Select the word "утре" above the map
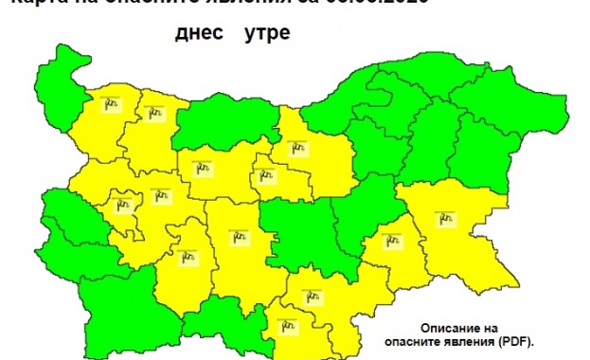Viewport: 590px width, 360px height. (266, 35)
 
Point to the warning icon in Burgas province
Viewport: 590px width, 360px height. (447, 218)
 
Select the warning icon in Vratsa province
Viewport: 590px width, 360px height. (152, 112)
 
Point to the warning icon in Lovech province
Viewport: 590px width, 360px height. (202, 168)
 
